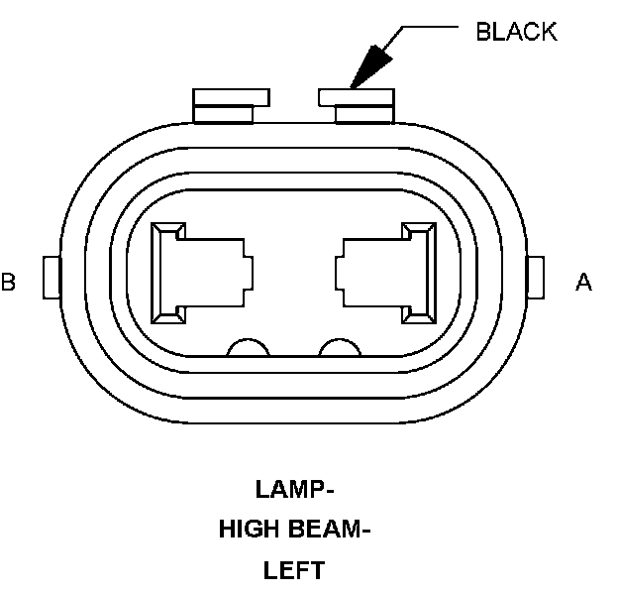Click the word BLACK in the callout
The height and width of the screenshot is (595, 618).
coord(516,32)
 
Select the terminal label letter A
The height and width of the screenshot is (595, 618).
coord(584,283)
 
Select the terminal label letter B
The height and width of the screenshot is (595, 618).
coord(9,283)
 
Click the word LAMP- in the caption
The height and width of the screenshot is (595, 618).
coord(295,489)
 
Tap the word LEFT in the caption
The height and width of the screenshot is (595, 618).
coord(294,570)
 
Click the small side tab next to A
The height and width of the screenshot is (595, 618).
coord(538,277)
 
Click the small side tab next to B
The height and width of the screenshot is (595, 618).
coord(52,277)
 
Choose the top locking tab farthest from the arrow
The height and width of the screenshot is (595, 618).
coord(232,104)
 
